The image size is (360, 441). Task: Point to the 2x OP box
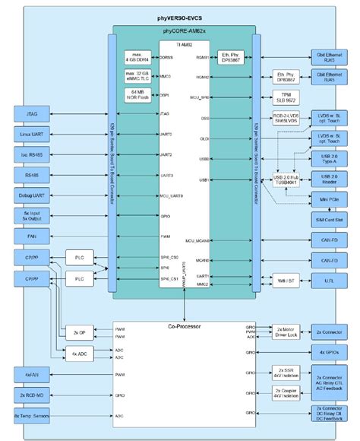click(80, 332)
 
